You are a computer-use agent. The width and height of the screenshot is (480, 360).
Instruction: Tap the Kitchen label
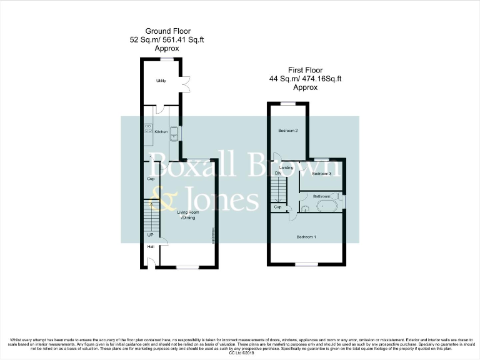click(x=161, y=132)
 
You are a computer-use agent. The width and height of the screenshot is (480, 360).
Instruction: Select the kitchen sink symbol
click(x=174, y=132)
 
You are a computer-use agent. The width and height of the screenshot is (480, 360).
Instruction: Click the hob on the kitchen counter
click(x=149, y=129)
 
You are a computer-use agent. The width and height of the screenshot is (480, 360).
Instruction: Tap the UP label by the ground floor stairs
click(x=150, y=235)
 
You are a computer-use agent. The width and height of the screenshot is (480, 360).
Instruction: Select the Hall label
click(x=151, y=247)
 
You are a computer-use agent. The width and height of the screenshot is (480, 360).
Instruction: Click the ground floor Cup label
click(x=151, y=179)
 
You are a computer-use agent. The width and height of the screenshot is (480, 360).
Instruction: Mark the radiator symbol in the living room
click(x=213, y=236)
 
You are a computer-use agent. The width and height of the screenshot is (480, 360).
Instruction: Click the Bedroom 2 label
click(x=287, y=131)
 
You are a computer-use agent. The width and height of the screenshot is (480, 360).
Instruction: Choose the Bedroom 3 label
click(x=321, y=173)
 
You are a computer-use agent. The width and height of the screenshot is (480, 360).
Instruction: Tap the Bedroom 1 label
click(x=306, y=237)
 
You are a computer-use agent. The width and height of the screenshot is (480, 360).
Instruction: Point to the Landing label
click(x=286, y=167)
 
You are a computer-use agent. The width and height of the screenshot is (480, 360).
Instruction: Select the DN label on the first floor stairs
click(x=277, y=174)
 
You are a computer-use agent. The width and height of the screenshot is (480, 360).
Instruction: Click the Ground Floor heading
click(x=167, y=31)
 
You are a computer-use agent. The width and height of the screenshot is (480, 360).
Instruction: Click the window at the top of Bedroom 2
click(x=287, y=102)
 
